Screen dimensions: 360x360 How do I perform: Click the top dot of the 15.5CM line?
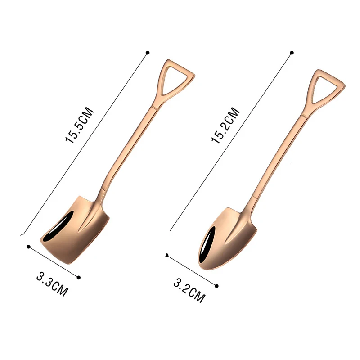[147, 53]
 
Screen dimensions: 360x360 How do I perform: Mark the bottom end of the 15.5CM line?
[21, 234]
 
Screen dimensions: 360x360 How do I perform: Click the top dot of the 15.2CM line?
[292, 53]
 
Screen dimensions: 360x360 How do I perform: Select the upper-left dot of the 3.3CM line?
[29, 247]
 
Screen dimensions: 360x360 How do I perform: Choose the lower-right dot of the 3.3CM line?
[79, 278]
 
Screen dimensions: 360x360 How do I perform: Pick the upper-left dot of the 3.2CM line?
[166, 255]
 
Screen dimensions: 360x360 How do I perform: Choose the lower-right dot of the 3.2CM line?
[217, 286]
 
